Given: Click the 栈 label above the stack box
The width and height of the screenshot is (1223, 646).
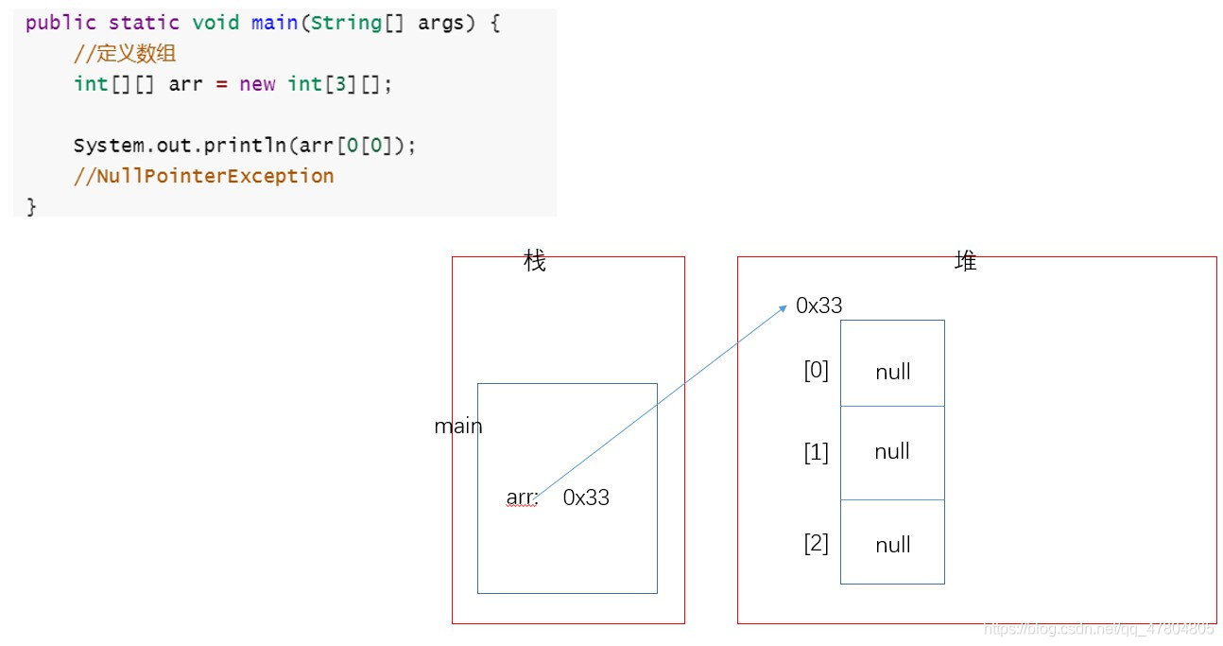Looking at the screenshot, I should (535, 262).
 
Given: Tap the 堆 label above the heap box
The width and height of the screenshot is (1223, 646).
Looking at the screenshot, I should (965, 262).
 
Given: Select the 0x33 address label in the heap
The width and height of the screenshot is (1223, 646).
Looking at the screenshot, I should (818, 306).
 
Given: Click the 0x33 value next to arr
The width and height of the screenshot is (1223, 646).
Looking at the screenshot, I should (586, 498).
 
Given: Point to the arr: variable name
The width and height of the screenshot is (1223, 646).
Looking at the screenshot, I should (522, 498).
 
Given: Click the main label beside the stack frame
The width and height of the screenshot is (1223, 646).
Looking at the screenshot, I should (458, 427).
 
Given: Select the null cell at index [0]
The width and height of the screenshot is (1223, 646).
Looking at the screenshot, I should (892, 372).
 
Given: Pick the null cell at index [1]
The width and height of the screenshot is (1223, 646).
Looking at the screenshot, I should (892, 451).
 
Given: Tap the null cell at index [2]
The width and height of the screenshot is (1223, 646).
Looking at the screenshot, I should (892, 545).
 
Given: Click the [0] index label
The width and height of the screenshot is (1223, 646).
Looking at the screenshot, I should (816, 371).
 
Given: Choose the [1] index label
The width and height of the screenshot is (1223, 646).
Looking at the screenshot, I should (816, 452).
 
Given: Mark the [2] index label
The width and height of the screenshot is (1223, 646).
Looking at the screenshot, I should (816, 544).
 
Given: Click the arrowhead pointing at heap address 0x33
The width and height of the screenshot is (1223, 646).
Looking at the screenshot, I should (784, 307).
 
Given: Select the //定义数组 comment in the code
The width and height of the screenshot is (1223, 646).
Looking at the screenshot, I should (125, 54).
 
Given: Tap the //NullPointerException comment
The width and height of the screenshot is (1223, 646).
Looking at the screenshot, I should (203, 176).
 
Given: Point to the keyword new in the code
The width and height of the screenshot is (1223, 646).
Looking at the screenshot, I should (257, 84).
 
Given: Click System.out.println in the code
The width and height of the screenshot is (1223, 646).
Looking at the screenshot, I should (180, 146).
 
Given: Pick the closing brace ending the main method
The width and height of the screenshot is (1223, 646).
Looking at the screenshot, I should (31, 205).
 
